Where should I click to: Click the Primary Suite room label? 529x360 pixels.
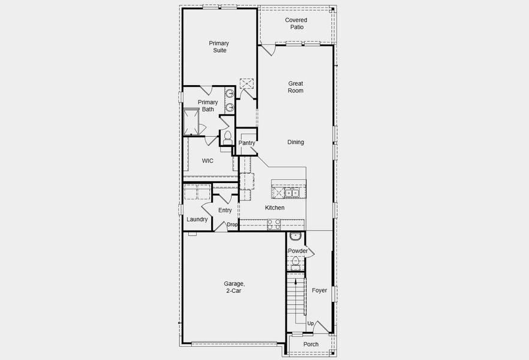[218, 47]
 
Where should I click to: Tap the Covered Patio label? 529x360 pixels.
[296, 24]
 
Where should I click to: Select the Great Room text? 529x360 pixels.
[296, 87]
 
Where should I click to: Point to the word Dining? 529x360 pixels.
[296, 142]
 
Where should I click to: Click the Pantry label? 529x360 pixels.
[247, 143]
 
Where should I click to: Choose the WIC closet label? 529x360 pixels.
[208, 161]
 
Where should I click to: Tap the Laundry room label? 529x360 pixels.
[197, 220]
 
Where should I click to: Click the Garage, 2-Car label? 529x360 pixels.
[235, 287]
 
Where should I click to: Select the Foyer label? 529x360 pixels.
[320, 290]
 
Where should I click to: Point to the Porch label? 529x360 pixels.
[311, 344]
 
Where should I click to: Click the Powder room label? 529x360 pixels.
[297, 251]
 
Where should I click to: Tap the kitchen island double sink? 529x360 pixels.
[291, 193]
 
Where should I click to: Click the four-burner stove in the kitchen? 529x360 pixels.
[273, 224]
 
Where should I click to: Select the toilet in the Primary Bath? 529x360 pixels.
[227, 137]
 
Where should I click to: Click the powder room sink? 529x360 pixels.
[294, 236]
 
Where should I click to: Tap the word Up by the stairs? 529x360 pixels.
[310, 324]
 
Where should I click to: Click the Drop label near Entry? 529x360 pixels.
[232, 224]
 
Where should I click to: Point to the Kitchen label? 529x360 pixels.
[275, 208]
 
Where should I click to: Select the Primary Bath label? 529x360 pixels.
[208, 106]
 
